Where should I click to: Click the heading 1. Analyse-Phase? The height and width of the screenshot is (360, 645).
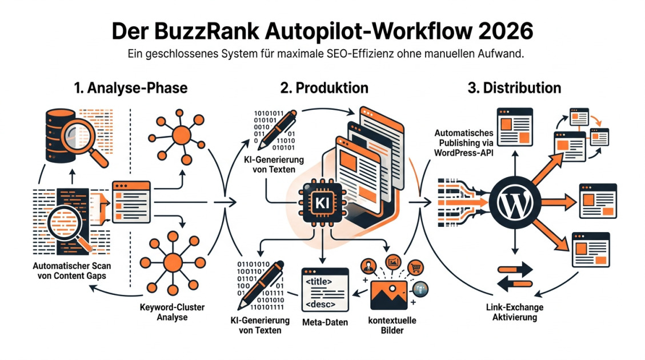[x=131, y=88]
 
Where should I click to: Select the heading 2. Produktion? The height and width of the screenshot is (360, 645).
[x=324, y=88]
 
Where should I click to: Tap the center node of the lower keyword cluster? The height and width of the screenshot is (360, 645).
[x=172, y=262]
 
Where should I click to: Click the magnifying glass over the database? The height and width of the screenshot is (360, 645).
[x=81, y=132]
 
